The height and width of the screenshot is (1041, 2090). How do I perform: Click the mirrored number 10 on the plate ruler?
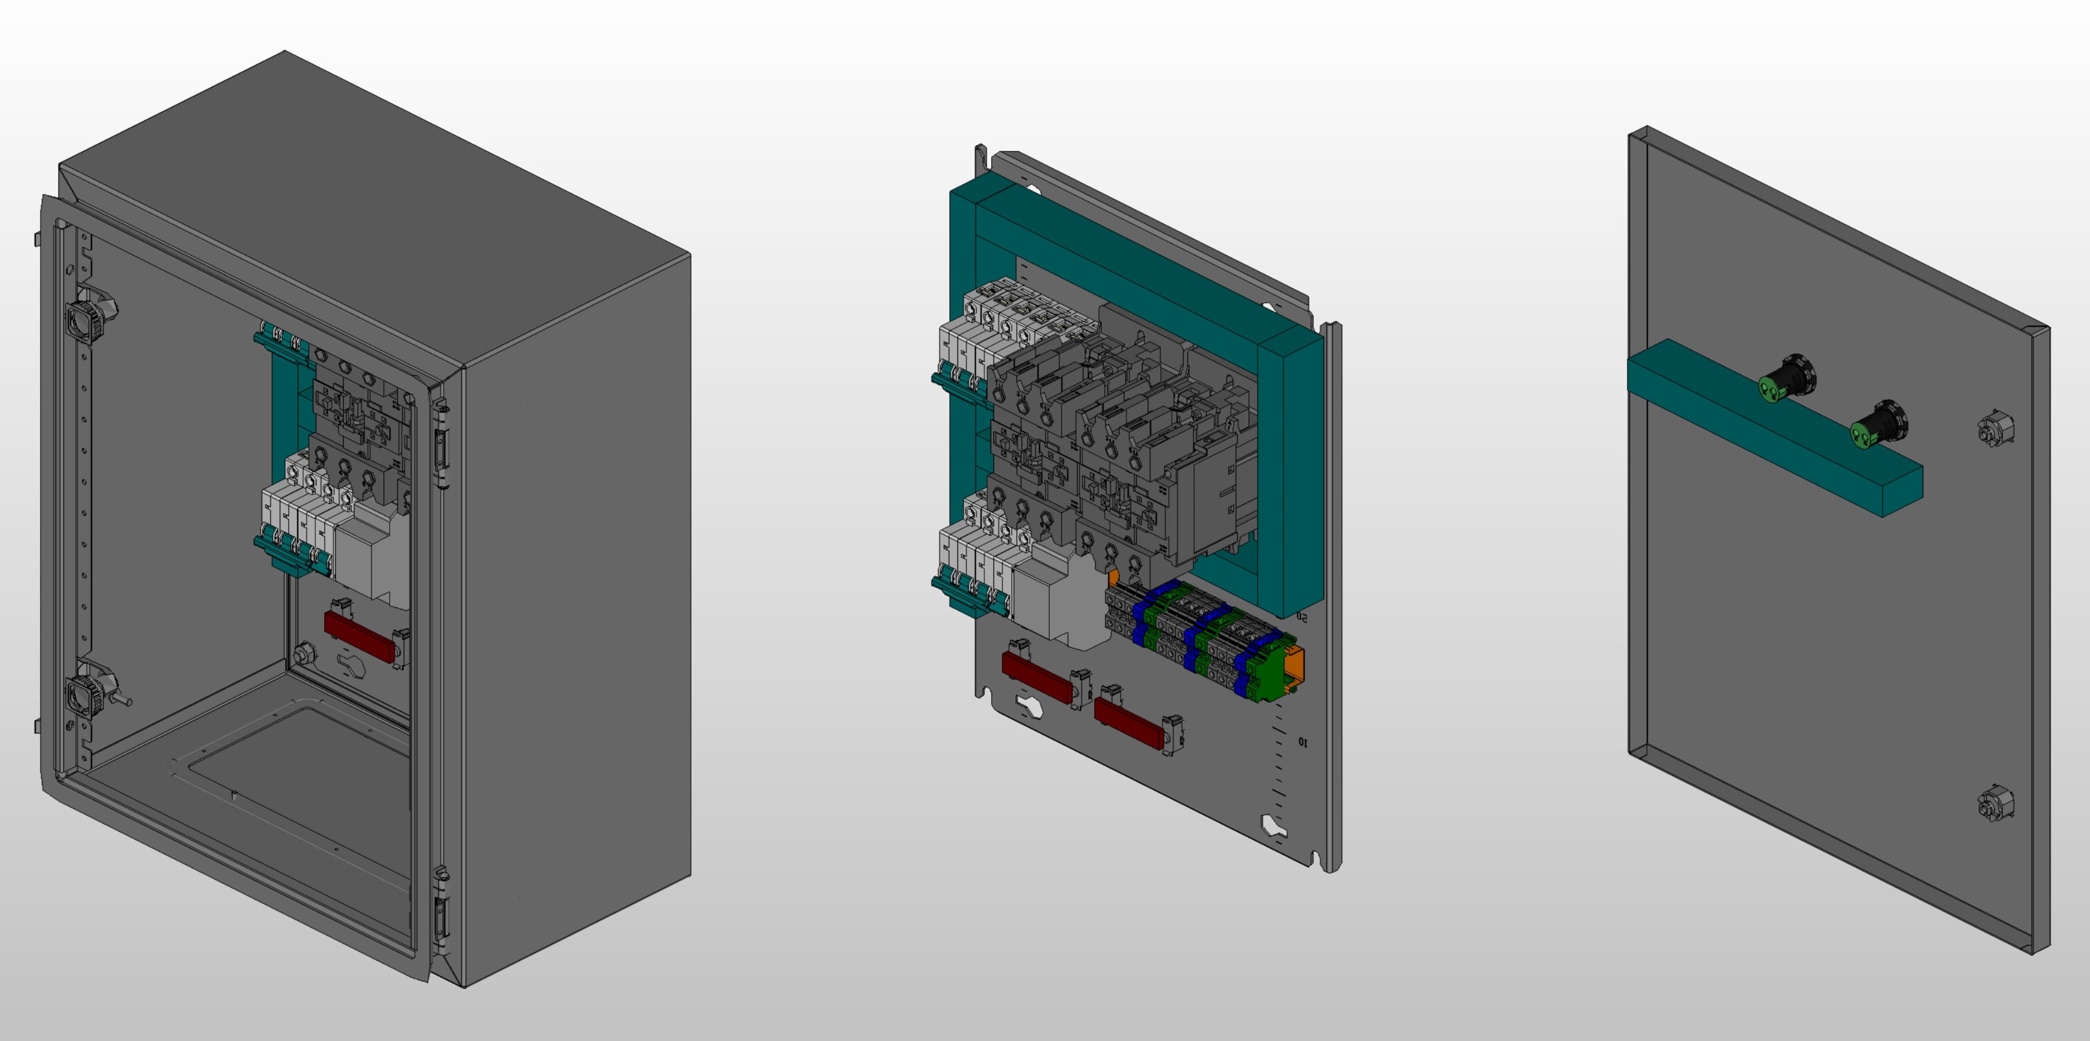click(1302, 742)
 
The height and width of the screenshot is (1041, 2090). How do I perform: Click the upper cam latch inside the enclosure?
click(86, 316)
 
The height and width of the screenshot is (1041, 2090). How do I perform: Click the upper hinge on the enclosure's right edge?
click(441, 446)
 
